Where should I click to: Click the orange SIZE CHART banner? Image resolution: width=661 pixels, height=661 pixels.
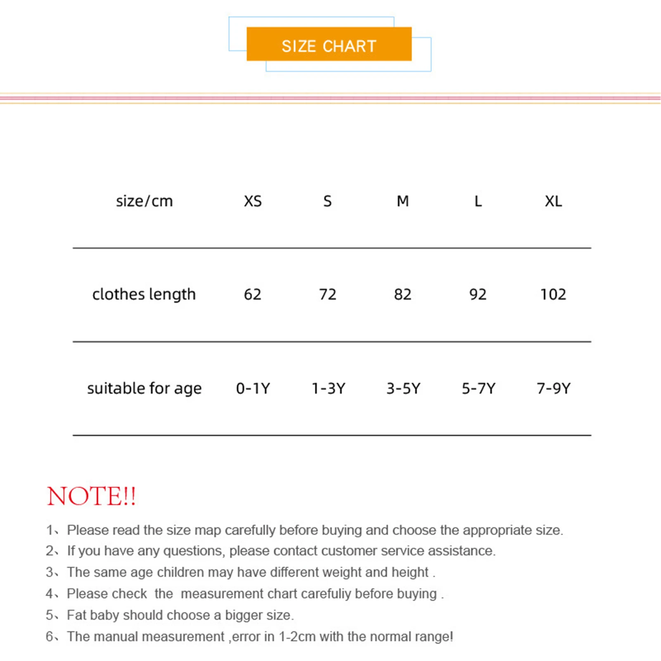(x=329, y=44)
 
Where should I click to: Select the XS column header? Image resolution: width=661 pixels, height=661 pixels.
(x=253, y=201)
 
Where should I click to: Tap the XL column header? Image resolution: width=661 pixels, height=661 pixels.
(x=553, y=201)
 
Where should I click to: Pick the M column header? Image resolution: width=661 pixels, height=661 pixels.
(x=403, y=201)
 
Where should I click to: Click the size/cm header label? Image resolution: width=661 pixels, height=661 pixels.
(x=144, y=201)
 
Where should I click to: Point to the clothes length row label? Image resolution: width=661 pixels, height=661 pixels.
(x=144, y=295)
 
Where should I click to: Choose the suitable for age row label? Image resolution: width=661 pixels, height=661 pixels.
(x=144, y=389)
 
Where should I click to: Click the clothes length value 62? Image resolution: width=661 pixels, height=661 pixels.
(x=252, y=295)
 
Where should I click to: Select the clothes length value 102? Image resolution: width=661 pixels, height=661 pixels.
(x=553, y=295)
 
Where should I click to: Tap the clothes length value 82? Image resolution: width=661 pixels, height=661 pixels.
(x=403, y=295)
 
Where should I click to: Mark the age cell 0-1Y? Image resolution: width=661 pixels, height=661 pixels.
(x=253, y=389)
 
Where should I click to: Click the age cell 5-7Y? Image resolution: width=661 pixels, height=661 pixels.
(x=478, y=389)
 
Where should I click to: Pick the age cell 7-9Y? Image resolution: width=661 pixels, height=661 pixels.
(x=553, y=389)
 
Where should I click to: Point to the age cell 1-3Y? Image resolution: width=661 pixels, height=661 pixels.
(x=328, y=389)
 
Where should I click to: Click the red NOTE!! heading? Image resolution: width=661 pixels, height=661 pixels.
(x=91, y=496)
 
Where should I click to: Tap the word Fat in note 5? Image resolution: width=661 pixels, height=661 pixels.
(x=77, y=615)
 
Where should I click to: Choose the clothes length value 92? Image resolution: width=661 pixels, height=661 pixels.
(x=478, y=295)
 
